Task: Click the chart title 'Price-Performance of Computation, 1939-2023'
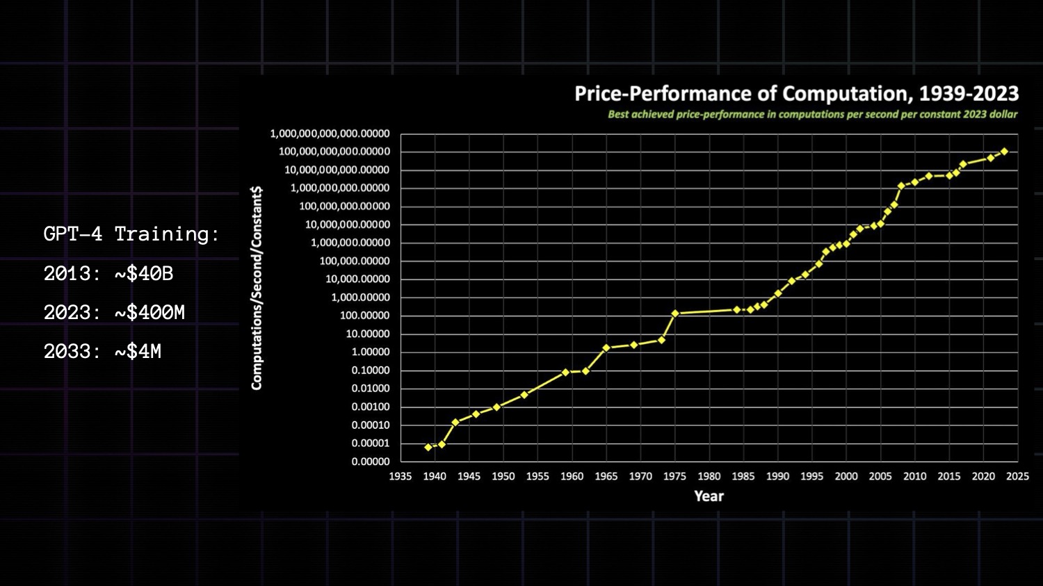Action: point(796,94)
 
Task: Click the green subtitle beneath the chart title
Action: point(812,115)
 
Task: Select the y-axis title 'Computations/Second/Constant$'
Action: point(257,288)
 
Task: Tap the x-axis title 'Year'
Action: point(709,496)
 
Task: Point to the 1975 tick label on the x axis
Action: point(674,476)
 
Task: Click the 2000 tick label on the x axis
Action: point(846,476)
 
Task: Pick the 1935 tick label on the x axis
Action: point(401,476)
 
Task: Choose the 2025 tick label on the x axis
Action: point(1017,476)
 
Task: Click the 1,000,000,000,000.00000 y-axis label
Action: point(330,133)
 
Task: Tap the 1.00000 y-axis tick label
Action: point(371,352)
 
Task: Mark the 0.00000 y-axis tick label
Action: point(371,462)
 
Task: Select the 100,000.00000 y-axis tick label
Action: point(355,261)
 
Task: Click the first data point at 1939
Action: point(428,448)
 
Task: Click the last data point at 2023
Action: point(1004,152)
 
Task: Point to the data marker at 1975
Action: point(675,314)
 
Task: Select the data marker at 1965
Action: point(606,348)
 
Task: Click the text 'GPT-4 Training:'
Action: point(131,234)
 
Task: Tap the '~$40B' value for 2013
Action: point(144,274)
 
